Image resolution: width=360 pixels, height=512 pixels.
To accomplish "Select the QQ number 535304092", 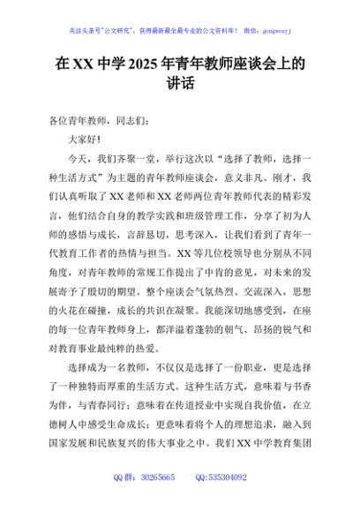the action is [228, 501].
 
